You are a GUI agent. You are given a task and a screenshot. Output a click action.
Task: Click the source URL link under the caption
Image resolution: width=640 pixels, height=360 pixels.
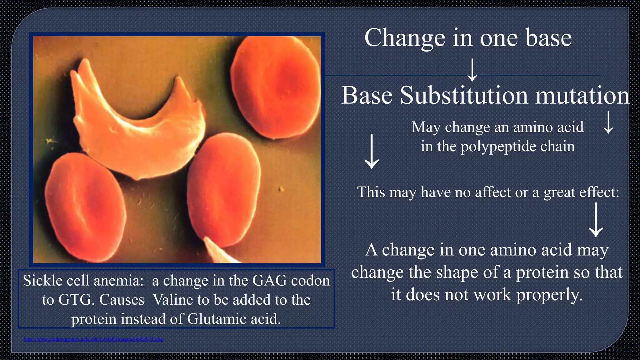click(x=93, y=339)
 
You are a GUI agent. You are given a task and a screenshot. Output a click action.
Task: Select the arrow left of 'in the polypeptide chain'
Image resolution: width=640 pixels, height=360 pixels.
click(x=372, y=152)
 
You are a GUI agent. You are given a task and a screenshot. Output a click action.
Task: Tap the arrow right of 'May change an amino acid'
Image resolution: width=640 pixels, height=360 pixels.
click(x=608, y=122)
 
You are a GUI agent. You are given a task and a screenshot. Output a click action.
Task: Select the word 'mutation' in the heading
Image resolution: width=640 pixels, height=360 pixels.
click(x=582, y=95)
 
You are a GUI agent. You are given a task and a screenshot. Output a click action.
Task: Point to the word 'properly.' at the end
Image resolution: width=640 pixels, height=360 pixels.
click(x=550, y=295)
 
